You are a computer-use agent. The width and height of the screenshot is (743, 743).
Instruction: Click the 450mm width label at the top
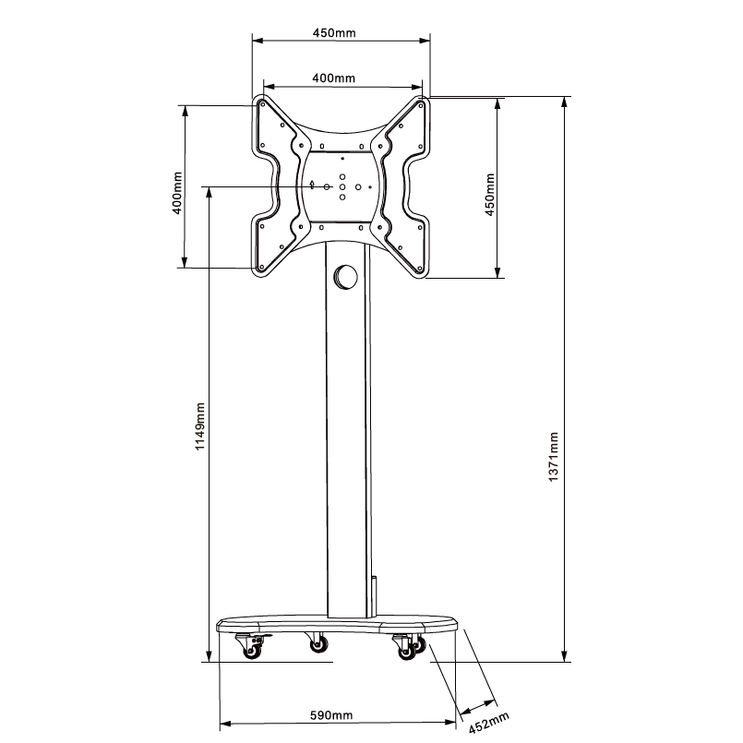point(334,32)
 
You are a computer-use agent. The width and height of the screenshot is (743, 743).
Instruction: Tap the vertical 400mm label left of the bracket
point(176,192)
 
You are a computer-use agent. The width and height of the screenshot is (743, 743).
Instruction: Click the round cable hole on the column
point(345,276)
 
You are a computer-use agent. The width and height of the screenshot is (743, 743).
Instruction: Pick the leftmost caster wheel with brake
point(250,651)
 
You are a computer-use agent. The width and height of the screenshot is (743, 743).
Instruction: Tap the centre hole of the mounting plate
point(342,186)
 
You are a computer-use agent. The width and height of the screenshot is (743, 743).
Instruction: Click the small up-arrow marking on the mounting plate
point(342,159)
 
